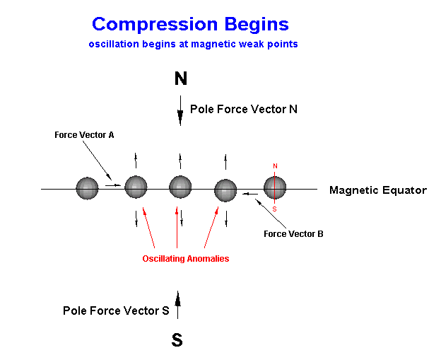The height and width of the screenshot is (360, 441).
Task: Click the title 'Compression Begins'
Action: click(190, 25)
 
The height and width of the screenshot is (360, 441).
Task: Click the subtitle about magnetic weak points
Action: click(193, 44)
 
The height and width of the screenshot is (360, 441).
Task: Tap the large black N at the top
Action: click(180, 79)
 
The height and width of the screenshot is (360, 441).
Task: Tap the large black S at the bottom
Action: click(177, 339)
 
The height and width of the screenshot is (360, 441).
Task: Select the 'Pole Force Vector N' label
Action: click(244, 109)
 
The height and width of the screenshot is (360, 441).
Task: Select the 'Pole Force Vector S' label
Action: click(116, 310)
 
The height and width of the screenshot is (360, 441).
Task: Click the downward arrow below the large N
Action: click(180, 110)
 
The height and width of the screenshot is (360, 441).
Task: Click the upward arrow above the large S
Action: click(177, 305)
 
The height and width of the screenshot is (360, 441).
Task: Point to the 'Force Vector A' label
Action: click(84, 135)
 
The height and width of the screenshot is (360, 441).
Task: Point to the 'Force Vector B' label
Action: click(293, 234)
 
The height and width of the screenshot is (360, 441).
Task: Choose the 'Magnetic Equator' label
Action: click(378, 190)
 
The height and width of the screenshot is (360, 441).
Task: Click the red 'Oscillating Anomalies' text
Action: click(186, 259)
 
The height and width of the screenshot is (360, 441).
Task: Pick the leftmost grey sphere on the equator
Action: click(87, 188)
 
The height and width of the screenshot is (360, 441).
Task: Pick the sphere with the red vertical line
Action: click(275, 187)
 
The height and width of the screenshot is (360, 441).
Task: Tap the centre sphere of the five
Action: click(180, 187)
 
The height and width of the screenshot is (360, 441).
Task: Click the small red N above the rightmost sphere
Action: click(275, 166)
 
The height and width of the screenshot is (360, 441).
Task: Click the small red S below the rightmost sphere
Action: click(274, 209)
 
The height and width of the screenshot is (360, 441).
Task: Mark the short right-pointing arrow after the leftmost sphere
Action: click(113, 185)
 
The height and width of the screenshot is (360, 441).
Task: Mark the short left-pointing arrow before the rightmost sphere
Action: click(250, 194)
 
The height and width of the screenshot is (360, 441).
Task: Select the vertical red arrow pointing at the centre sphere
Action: click(177, 228)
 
